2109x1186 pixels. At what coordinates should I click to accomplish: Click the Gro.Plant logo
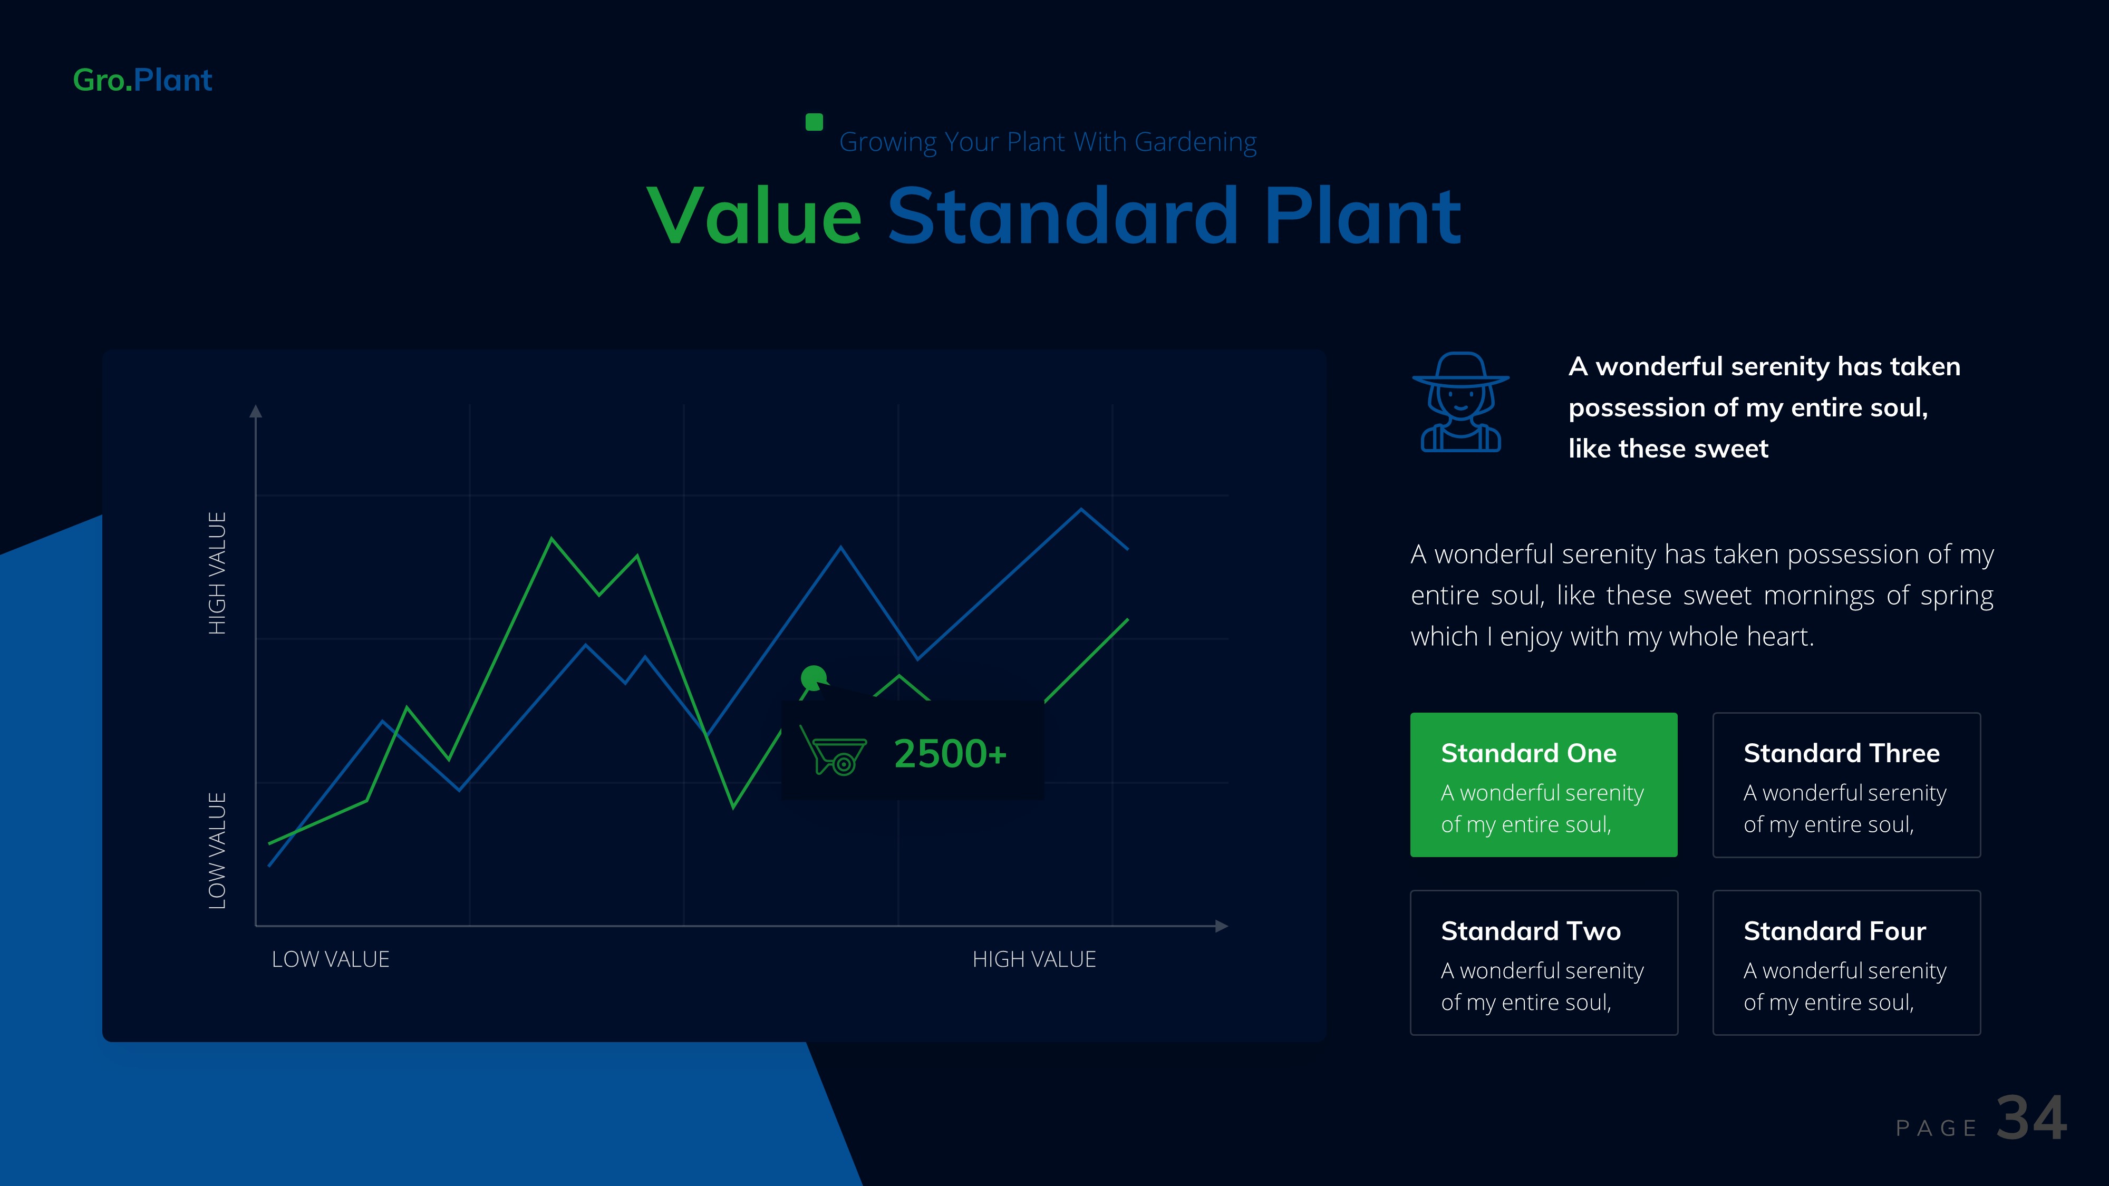pos(142,80)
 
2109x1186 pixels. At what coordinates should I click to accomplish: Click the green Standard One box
pos(1543,784)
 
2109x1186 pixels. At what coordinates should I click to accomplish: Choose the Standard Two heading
pos(1530,931)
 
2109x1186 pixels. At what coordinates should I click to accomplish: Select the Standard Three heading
pos(1841,753)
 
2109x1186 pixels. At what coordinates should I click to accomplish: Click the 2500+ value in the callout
pos(950,754)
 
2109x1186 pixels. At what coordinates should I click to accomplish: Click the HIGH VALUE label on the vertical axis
pos(217,573)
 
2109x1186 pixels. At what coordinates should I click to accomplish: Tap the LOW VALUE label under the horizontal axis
pos(330,959)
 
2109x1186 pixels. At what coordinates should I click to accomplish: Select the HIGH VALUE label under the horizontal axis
pos(1033,959)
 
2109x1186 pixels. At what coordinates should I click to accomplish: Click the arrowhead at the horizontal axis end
pos(1222,926)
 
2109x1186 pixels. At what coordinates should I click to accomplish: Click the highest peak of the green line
pos(552,539)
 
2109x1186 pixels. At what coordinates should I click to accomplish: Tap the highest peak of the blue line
pos(1081,510)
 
